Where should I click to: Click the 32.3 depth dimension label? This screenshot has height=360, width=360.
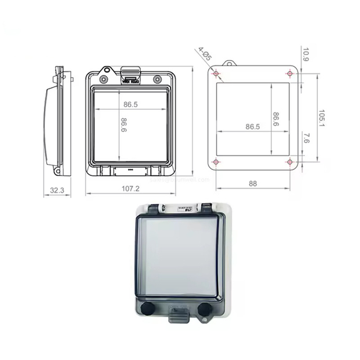pos(57,191)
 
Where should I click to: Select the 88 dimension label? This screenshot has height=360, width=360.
pos(253,183)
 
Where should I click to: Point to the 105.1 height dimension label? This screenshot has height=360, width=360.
pos(321,118)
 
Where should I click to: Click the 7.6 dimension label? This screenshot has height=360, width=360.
pos(305,139)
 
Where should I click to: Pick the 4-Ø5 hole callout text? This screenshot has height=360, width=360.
pos(204,54)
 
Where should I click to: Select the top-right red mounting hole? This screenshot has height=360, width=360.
pos(290,73)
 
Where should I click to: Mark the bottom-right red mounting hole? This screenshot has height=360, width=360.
pos(290,163)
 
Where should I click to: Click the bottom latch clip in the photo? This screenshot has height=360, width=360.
pos(177,315)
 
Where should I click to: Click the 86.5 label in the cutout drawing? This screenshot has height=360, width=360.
pos(253,127)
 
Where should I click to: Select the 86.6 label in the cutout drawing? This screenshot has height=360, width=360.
pos(276,119)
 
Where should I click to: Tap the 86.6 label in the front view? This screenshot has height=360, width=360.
pos(123,125)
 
